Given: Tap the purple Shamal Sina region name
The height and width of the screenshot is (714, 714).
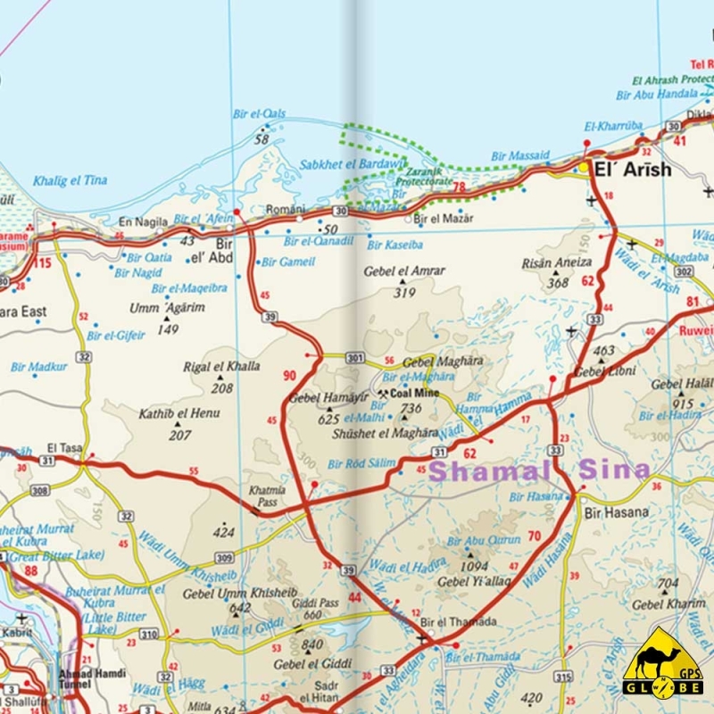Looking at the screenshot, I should pos(538,470).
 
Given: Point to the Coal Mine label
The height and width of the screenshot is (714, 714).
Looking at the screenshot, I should pos(411,393).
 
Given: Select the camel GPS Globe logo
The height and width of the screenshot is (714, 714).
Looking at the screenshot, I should pos(662,664).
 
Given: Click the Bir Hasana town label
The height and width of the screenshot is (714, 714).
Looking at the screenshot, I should pos(616,512).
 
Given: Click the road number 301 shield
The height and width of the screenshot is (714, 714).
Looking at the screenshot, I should pos(355,359).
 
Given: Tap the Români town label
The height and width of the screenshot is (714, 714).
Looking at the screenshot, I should pos(286,209).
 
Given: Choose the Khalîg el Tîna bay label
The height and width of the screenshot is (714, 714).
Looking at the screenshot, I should pos(70,180).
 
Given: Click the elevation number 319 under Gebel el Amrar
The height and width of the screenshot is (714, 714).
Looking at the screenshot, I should pos(404,292).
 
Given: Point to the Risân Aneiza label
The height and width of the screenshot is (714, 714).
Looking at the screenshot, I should pos(557,263).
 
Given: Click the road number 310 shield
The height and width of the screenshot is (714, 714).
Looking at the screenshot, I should pos(148,634).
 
